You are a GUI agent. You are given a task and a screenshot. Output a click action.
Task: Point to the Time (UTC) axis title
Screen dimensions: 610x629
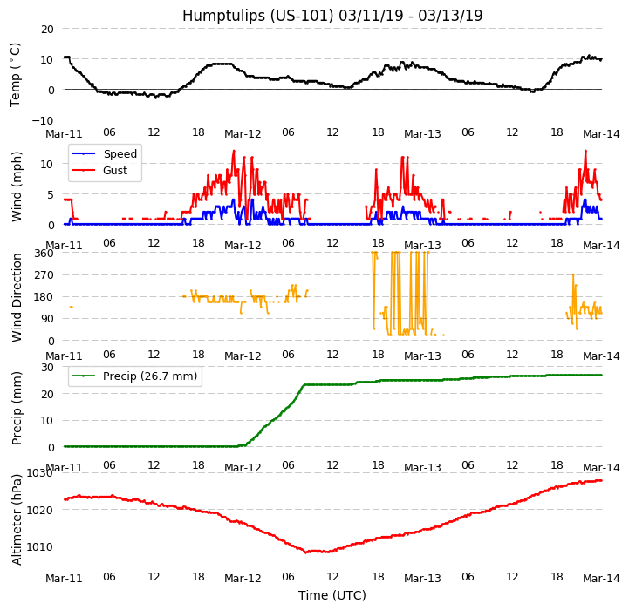click(x=332, y=595)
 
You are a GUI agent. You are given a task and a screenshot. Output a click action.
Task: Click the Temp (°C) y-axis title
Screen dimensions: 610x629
click(x=16, y=74)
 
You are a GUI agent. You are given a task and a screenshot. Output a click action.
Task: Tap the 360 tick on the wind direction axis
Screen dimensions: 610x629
click(x=44, y=254)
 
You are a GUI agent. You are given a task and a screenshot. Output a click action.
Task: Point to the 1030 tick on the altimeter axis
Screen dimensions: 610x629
click(x=40, y=473)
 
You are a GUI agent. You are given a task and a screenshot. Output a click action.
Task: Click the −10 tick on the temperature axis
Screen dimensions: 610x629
click(x=43, y=120)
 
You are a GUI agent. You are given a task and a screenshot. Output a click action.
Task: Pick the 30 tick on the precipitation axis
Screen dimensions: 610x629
click(x=47, y=367)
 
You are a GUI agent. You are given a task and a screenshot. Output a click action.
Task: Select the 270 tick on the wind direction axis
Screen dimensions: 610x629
click(x=44, y=275)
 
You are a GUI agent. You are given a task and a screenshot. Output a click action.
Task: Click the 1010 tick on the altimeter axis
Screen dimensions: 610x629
click(x=40, y=546)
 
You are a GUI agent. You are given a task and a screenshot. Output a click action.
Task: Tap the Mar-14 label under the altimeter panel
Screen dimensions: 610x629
click(x=601, y=578)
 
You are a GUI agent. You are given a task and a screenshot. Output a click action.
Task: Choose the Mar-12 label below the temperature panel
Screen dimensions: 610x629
click(x=243, y=134)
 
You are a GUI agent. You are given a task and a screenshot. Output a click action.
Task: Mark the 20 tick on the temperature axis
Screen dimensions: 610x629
click(x=47, y=29)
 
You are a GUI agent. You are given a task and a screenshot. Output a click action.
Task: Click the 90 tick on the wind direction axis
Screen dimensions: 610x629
click(x=47, y=319)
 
